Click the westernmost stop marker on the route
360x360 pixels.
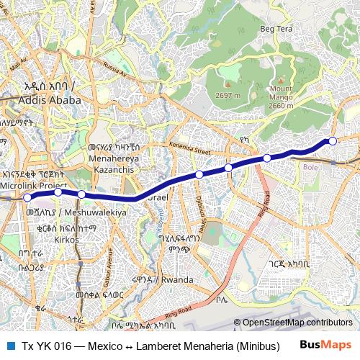click(x=27, y=197)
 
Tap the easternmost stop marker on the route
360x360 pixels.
click(x=333, y=140)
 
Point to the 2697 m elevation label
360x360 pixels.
click(x=228, y=95)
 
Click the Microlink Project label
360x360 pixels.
click(x=32, y=185)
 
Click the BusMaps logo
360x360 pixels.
click(x=325, y=346)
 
